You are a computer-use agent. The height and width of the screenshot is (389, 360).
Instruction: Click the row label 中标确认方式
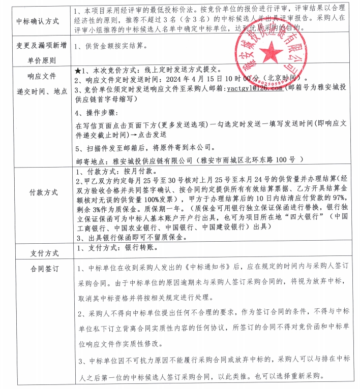[x=39, y=21]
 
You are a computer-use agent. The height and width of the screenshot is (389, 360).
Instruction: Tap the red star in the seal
[x=274, y=51]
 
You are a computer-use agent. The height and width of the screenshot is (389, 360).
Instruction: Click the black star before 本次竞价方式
[x=78, y=69]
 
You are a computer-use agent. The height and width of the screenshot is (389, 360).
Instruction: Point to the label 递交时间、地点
[x=39, y=91]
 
